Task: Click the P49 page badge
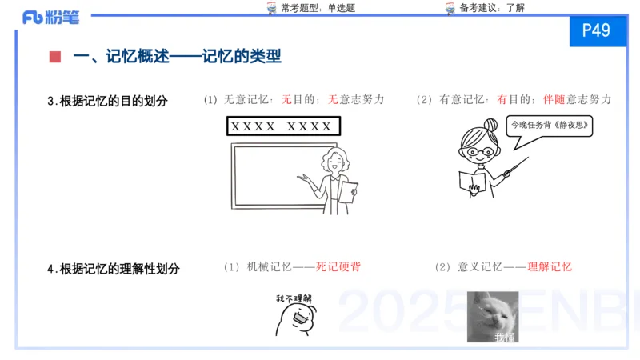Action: [x=596, y=31]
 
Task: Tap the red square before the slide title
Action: [x=54, y=57]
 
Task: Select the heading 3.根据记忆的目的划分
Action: [x=107, y=101]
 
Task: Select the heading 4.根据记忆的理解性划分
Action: [x=113, y=269]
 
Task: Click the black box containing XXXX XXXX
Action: [x=282, y=126]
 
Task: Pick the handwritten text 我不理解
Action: [x=293, y=299]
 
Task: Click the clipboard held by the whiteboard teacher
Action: [x=349, y=193]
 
